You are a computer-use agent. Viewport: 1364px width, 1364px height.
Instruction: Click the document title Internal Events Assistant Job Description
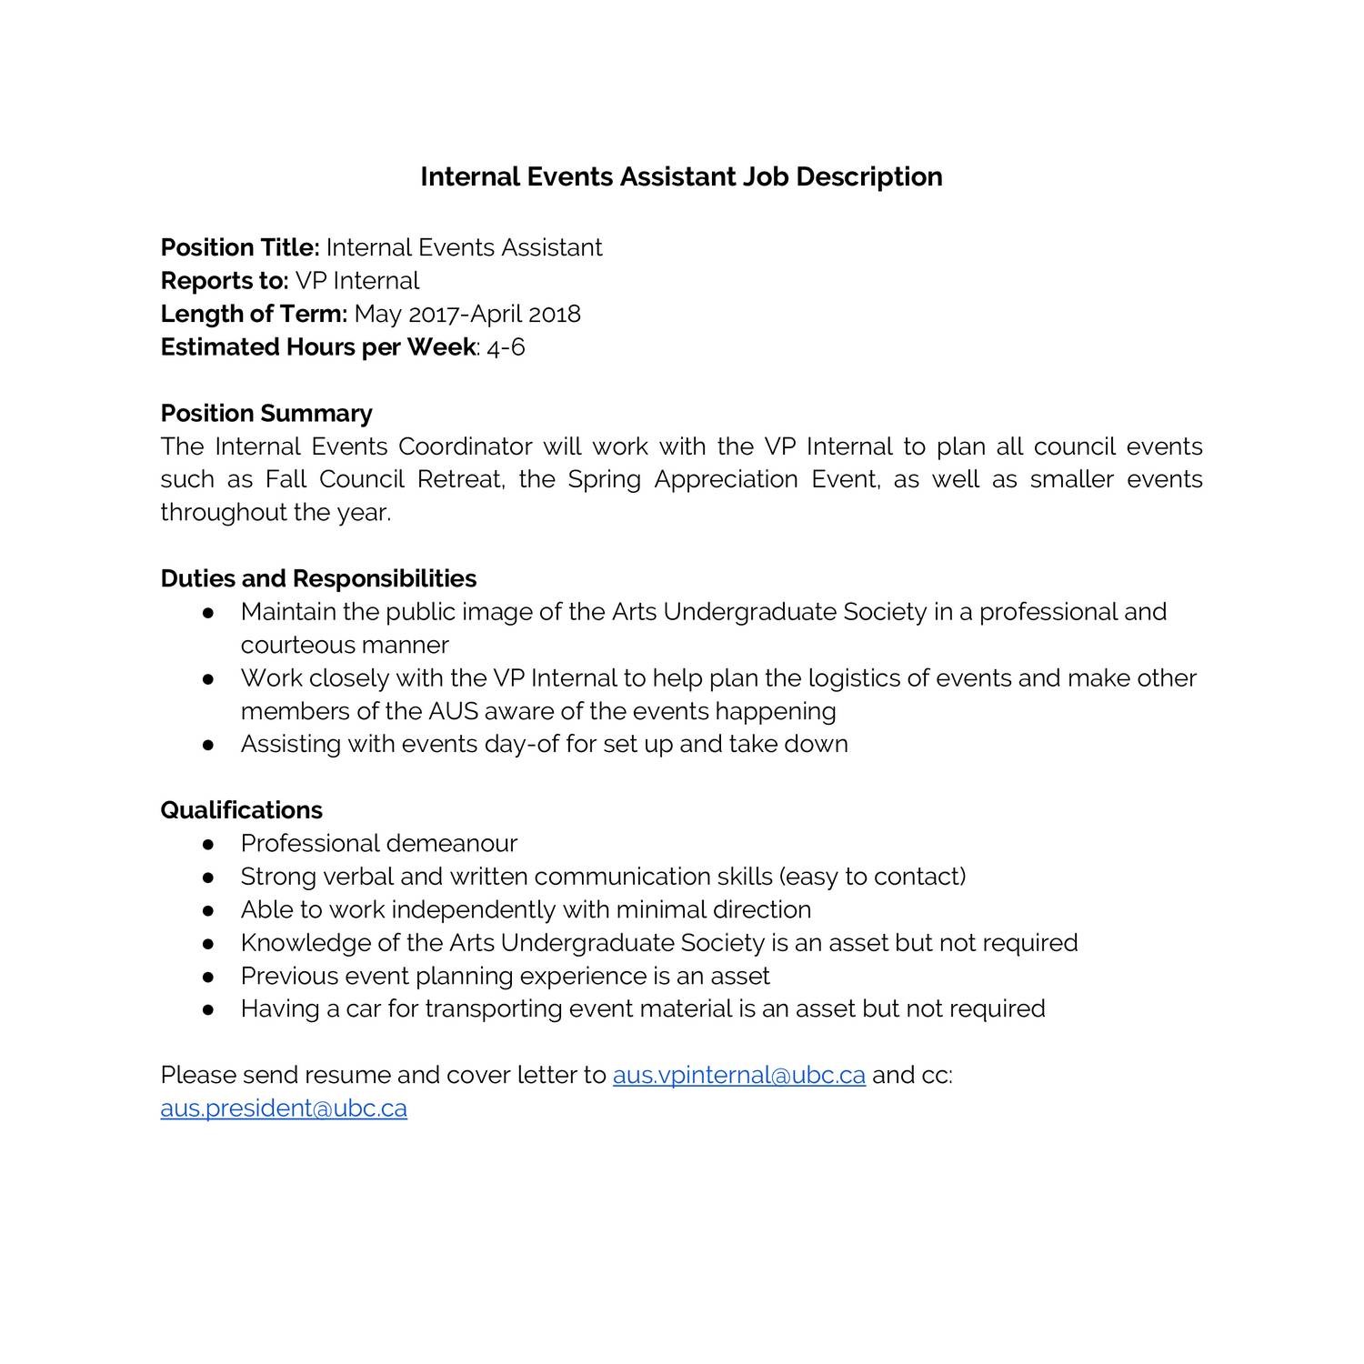681,176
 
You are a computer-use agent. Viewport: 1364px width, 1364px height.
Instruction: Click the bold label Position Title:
240,247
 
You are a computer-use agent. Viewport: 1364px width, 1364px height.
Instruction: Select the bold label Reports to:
224,281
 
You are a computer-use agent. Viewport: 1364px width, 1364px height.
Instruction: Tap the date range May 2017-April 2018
467,314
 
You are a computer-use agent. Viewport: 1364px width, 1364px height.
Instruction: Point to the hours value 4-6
506,347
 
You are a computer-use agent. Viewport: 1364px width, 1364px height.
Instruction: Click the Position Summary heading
266,414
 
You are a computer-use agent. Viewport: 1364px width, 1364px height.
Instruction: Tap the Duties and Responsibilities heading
318,579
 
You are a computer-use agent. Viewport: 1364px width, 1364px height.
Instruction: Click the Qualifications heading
241,810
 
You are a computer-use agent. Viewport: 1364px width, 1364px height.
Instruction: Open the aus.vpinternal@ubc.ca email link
738,1075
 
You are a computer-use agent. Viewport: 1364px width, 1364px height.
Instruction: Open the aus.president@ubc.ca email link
284,1108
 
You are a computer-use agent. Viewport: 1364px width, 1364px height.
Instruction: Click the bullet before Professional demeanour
208,844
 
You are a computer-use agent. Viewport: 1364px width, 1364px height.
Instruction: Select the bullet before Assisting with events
208,745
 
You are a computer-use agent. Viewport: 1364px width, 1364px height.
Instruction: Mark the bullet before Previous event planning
208,977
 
